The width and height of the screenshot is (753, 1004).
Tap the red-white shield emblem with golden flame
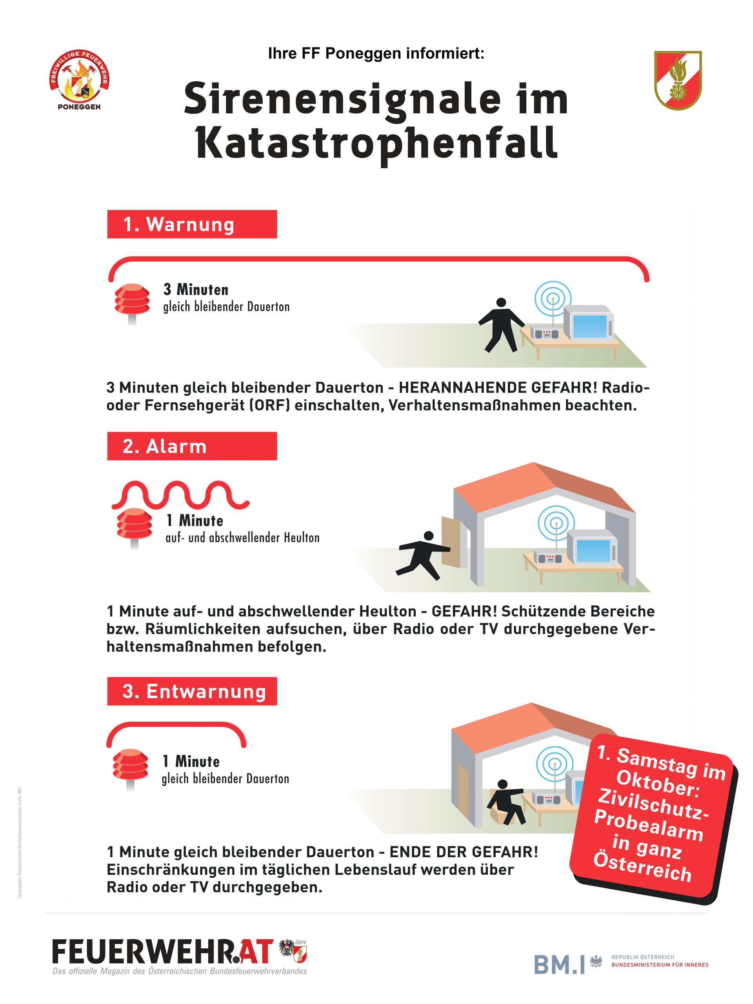[678, 80]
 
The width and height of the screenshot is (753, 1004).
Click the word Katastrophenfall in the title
[376, 144]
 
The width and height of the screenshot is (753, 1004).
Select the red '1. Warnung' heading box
[192, 224]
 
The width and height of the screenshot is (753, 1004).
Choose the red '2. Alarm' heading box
[192, 446]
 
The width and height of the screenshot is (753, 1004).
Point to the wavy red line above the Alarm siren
[180, 495]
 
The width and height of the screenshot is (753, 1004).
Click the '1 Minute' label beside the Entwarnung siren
[191, 761]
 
